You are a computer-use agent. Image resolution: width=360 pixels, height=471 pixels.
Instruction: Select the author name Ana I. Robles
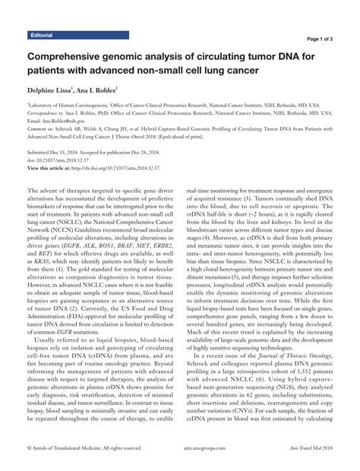pyautogui.click(x=114, y=88)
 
